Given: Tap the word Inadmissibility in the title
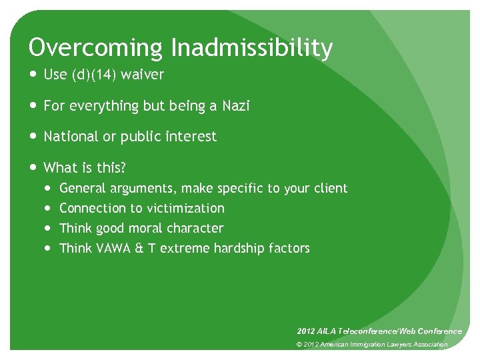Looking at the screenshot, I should point(251,48).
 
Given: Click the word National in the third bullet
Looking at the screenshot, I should point(70,137).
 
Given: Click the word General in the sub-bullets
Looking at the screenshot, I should point(83,189).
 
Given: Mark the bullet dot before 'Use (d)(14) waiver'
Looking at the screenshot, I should point(33,75).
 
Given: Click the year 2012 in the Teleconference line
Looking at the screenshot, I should point(307,331).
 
